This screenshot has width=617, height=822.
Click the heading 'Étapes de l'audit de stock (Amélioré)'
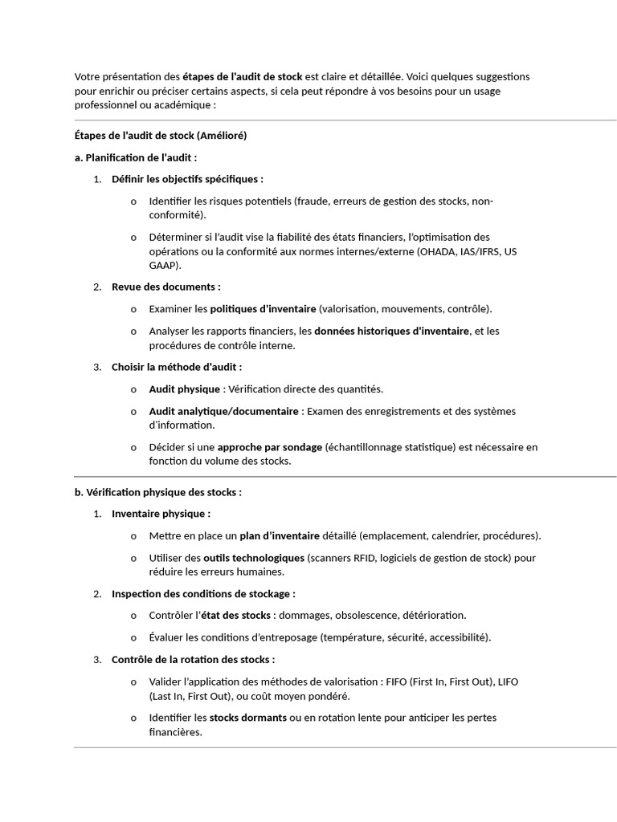click(160, 136)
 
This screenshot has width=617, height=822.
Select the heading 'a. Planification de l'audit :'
click(135, 157)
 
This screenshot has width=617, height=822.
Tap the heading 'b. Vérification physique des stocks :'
click(157, 492)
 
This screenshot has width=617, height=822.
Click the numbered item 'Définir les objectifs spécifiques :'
click(187, 179)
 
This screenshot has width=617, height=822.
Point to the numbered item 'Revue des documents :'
click(165, 287)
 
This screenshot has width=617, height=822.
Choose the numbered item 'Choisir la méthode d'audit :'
click(177, 367)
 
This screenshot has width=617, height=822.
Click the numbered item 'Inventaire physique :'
click(161, 514)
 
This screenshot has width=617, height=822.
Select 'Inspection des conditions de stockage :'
click(203, 594)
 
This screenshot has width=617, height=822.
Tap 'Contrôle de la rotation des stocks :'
click(193, 659)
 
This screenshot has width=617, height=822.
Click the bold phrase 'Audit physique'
click(184, 389)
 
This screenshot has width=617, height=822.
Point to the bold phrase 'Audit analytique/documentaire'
click(223, 411)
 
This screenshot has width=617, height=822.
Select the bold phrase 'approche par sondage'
click(270, 447)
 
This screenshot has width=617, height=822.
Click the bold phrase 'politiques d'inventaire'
click(264, 309)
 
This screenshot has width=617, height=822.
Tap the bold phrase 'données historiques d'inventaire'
click(391, 331)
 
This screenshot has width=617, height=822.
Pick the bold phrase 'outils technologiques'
click(254, 557)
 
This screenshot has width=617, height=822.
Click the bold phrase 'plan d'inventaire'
click(279, 535)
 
